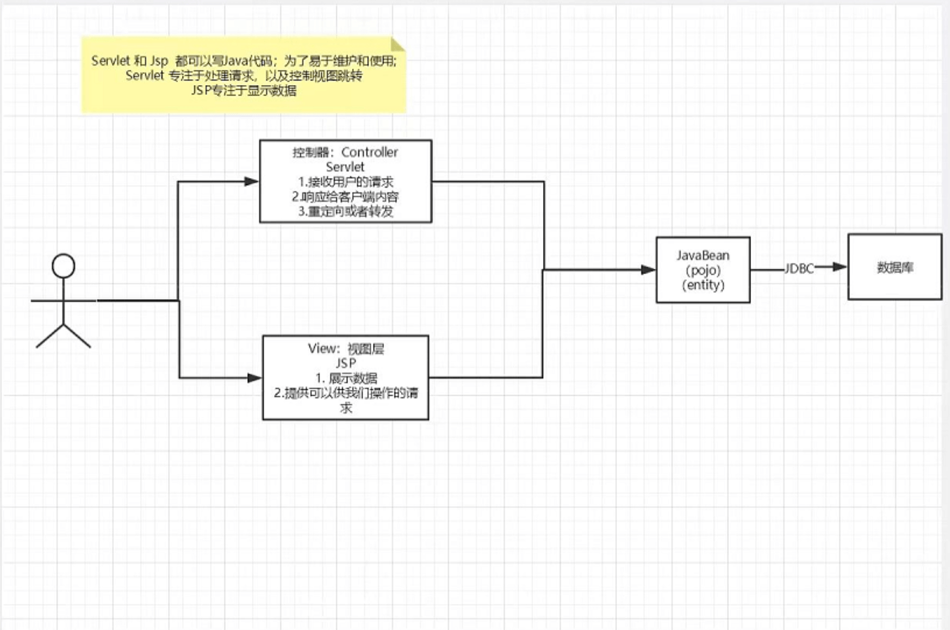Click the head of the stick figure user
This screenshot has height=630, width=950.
click(x=63, y=266)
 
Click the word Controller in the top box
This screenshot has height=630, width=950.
click(x=370, y=152)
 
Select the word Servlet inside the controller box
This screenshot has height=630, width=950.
click(x=345, y=167)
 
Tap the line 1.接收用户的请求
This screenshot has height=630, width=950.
click(x=345, y=182)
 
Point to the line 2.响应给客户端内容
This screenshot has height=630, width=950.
click(x=345, y=197)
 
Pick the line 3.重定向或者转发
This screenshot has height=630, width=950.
click(x=345, y=211)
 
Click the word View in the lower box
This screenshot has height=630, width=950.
click(x=323, y=349)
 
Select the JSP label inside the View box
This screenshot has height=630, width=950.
click(x=345, y=363)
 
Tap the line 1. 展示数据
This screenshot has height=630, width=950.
click(x=345, y=378)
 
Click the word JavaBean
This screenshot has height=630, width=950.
click(x=703, y=256)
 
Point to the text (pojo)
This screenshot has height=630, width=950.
click(x=703, y=270)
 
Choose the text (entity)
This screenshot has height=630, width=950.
click(x=703, y=285)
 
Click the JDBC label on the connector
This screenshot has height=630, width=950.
click(x=799, y=268)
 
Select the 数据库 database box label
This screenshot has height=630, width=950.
click(x=894, y=267)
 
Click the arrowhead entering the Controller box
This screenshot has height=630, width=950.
click(x=252, y=181)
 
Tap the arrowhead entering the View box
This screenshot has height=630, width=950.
click(x=255, y=377)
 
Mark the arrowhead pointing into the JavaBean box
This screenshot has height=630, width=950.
click(x=648, y=270)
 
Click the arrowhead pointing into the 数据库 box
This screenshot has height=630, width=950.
click(x=839, y=267)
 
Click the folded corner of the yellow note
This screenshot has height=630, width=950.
click(x=398, y=44)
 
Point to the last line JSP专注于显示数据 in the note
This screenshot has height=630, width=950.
click(x=243, y=91)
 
